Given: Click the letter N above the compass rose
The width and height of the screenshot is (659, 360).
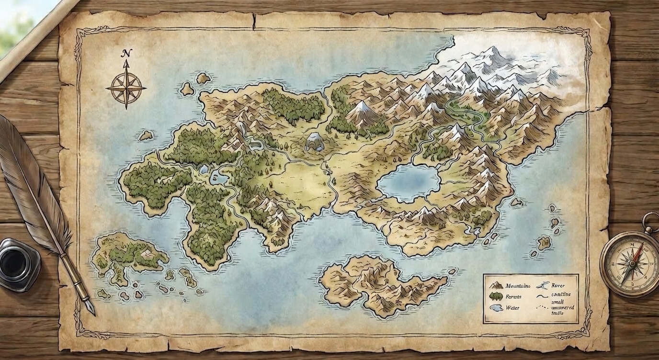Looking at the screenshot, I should click(126, 53).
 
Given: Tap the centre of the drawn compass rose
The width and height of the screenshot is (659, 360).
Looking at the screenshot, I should click(126, 88).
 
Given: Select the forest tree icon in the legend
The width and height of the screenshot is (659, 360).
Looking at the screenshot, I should click(496, 297).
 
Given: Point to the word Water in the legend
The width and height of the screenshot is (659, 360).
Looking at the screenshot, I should click(512, 308).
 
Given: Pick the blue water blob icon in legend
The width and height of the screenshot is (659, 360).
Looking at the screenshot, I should click(496, 308).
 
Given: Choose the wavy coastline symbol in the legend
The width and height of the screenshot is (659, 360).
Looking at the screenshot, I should click(542, 296).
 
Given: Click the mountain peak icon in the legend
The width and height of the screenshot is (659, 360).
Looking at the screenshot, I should click(496, 286).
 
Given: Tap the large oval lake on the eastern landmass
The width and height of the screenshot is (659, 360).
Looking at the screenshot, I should click(409, 183).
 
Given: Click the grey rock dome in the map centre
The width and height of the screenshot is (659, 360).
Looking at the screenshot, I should click(314, 142).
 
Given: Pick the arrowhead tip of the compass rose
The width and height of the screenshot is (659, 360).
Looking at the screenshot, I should click(126, 65).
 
